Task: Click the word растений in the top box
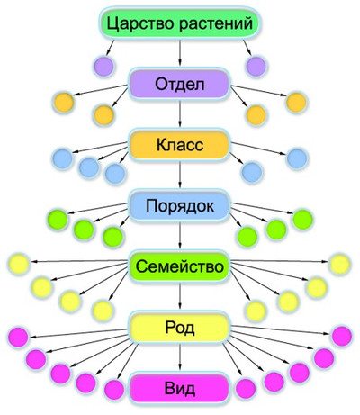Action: [x=216, y=23]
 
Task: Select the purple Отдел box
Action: [x=179, y=84]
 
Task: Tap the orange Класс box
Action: [x=179, y=145]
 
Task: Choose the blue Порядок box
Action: [x=179, y=205]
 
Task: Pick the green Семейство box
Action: [x=179, y=266]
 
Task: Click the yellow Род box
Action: [x=179, y=327]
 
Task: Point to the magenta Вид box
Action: [x=179, y=388]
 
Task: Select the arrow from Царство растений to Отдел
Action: [x=180, y=52]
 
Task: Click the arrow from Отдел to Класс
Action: [x=180, y=113]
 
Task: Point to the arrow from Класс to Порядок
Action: [x=180, y=174]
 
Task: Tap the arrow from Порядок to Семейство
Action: [x=180, y=235]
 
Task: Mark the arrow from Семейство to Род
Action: [x=180, y=296]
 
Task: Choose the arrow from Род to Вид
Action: [x=180, y=356]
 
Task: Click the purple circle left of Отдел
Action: [x=103, y=66]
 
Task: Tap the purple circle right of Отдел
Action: [x=256, y=66]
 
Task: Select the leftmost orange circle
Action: [x=64, y=103]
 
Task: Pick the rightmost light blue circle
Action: [x=297, y=158]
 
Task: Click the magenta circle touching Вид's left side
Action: [x=114, y=390]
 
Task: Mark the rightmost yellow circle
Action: [x=340, y=265]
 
